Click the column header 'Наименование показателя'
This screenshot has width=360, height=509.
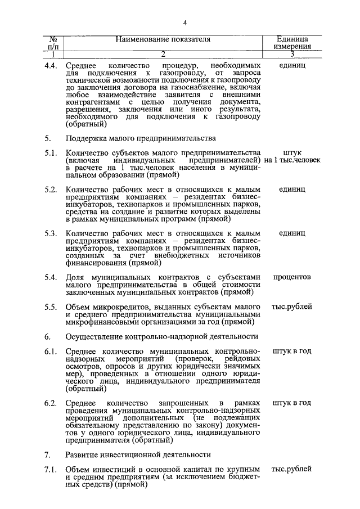click(x=163, y=39)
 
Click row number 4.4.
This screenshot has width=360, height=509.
click(x=52, y=66)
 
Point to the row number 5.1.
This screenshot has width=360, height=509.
click(x=52, y=152)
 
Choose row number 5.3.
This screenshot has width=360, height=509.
click(x=52, y=233)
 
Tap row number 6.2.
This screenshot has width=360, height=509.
click(x=52, y=403)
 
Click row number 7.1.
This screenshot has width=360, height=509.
click(x=52, y=469)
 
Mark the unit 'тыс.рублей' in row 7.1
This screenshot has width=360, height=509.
click(x=292, y=469)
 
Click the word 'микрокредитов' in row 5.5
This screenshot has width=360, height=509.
click(x=117, y=307)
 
